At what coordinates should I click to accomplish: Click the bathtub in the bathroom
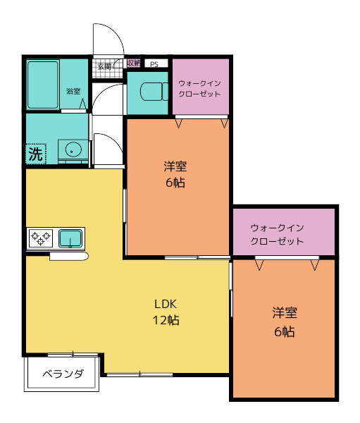click(x=43, y=84)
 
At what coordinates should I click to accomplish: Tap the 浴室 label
click(x=73, y=91)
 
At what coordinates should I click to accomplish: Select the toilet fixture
click(x=148, y=92)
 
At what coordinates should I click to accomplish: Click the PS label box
click(x=155, y=63)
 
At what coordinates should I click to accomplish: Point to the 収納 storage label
click(x=134, y=63)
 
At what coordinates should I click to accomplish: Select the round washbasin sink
click(x=72, y=149)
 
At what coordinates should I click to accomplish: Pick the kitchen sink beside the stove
click(x=70, y=238)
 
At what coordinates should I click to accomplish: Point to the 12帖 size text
click(x=166, y=320)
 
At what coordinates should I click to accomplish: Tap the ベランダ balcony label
click(x=63, y=374)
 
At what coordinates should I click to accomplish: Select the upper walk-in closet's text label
click(x=199, y=89)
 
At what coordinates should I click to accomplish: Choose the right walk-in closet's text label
click(x=277, y=234)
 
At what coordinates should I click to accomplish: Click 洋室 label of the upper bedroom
click(x=175, y=167)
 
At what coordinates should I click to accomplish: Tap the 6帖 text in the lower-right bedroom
click(x=284, y=332)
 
